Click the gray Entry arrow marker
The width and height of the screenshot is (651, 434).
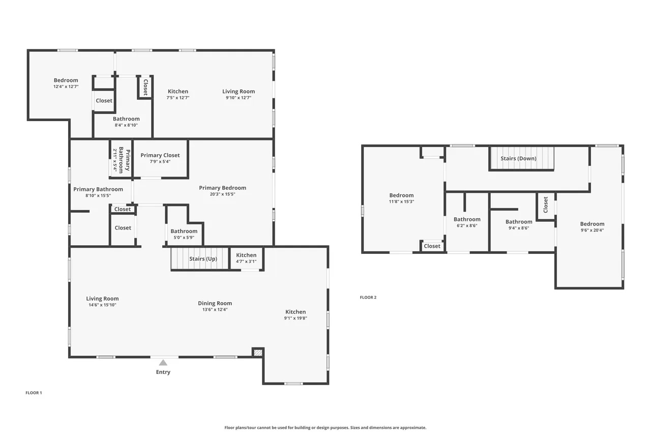click(163, 362)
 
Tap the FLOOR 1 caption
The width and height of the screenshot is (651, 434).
click(34, 393)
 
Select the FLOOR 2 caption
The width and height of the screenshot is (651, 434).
click(368, 297)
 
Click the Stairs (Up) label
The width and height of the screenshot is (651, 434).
click(203, 258)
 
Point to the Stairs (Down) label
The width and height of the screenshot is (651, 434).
click(518, 158)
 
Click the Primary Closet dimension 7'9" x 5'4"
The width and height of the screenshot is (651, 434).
click(160, 162)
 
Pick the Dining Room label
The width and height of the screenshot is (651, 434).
click(215, 303)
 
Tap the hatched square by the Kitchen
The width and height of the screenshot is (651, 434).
click(258, 353)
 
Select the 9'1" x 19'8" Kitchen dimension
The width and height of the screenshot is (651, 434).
click(295, 318)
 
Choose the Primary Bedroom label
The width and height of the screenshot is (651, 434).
click(223, 188)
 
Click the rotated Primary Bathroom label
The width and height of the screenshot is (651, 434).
click(125, 160)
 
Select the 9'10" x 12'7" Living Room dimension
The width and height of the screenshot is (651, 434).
click(239, 98)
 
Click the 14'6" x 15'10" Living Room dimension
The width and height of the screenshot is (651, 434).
click(102, 305)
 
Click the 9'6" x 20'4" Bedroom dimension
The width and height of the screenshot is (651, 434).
click(593, 230)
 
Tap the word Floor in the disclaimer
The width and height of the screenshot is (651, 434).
click(229, 427)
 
